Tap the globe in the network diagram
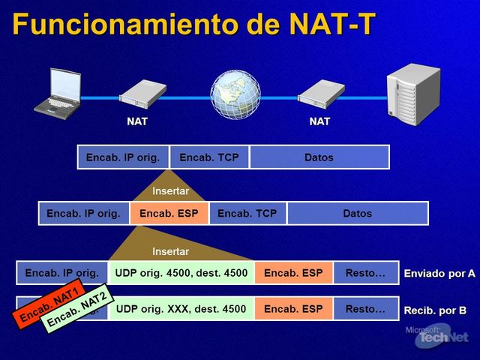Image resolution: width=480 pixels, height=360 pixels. click(235, 94)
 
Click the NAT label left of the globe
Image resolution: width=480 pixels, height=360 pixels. click(137, 121)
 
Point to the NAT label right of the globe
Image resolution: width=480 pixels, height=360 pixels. click(319, 121)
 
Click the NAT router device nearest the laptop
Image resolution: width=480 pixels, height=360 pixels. click(142, 94)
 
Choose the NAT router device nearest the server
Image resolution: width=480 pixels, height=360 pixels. click(321, 94)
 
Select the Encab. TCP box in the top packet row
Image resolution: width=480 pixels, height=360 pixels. click(209, 157)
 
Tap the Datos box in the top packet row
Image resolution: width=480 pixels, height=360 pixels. click(319, 157)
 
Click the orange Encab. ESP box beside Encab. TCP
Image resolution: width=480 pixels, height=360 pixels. click(169, 214)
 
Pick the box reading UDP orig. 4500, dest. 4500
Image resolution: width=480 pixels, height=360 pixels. click(181, 273)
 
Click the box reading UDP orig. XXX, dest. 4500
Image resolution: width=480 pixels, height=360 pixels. click(181, 309)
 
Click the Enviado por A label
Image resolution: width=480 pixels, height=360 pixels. click(439, 274)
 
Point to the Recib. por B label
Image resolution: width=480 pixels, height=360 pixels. click(435, 310)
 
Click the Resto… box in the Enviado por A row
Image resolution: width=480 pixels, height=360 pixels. click(365, 273)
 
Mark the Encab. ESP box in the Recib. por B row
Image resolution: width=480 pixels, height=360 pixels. click(293, 309)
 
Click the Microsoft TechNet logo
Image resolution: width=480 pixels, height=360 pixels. click(442, 336)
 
